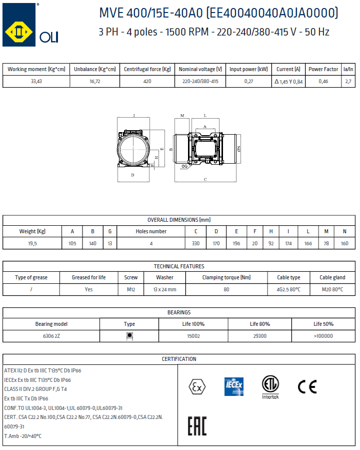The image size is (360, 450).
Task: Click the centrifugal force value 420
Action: tap(147, 82)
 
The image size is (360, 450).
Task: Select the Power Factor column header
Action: tap(323, 69)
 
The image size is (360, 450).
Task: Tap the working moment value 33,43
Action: tap(36, 82)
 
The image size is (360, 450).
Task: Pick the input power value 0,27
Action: tap(248, 82)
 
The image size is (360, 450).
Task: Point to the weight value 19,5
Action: tap(32, 243)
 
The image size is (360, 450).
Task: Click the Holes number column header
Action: tap(151, 231)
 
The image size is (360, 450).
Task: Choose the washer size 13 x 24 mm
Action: tap(164, 289)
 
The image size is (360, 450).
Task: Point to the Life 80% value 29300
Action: tap(260, 336)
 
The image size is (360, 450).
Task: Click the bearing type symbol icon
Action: tap(129, 336)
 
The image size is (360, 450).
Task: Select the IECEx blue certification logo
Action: tap(233, 386)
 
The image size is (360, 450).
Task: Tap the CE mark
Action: tap(307, 386)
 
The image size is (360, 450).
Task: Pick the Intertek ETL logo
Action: tap(270, 386)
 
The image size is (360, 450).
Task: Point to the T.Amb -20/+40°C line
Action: tap(23, 435)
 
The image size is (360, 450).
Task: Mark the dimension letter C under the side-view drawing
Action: tap(205, 179)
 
